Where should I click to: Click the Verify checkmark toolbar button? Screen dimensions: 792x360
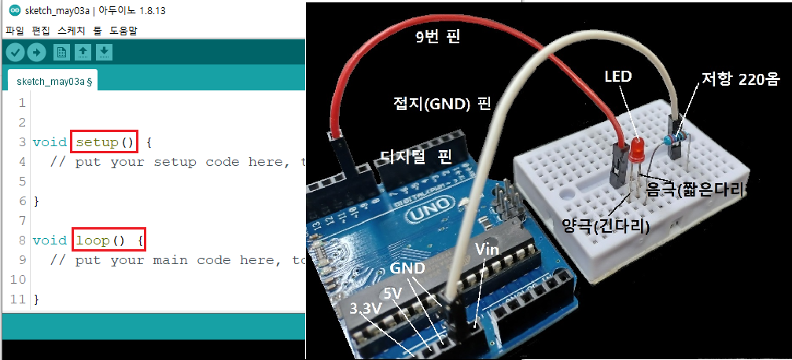16,52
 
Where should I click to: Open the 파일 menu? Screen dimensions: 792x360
14,31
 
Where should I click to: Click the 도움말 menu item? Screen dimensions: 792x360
123,31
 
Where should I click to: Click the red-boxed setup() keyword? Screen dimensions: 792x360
105,142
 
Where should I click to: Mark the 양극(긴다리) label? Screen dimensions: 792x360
605,228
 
